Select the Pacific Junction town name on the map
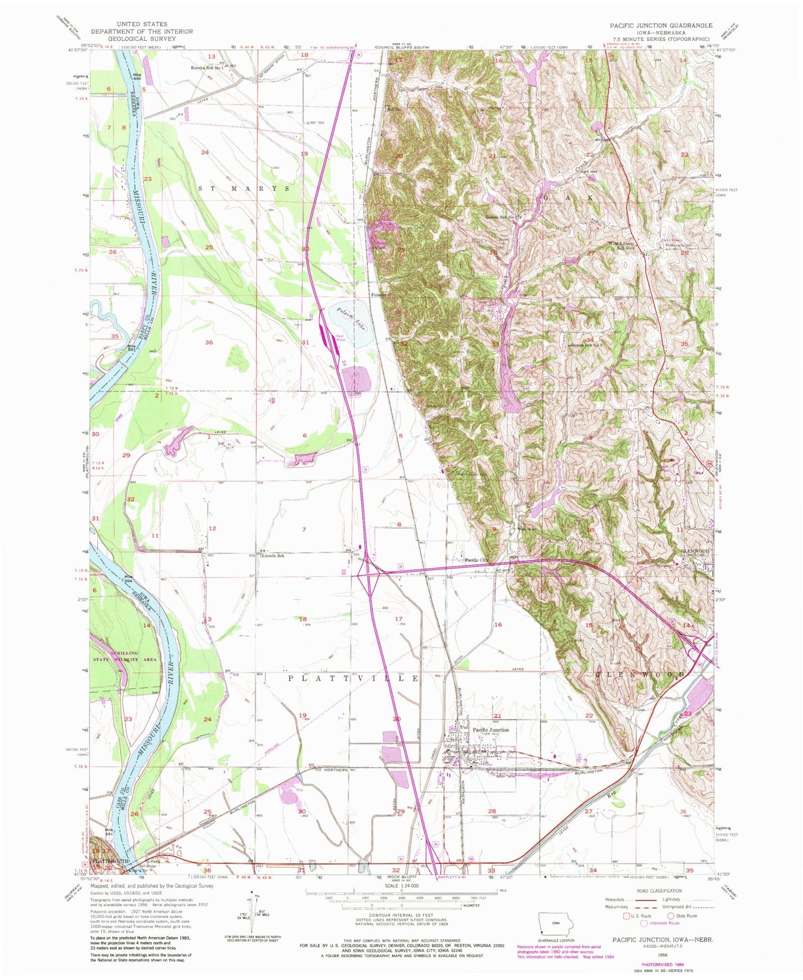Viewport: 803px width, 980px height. tap(491, 730)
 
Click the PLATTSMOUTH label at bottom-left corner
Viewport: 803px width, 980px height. tap(109, 860)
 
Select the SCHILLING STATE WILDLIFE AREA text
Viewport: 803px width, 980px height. tap(126, 656)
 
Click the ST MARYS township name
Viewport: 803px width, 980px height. tap(245, 188)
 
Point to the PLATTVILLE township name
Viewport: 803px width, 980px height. tap(353, 679)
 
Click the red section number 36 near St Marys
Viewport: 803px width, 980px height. tap(209, 342)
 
